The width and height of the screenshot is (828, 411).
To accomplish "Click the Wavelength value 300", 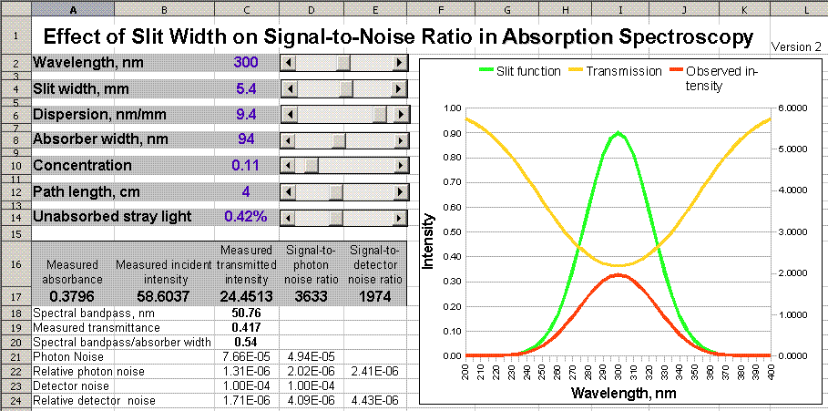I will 246,63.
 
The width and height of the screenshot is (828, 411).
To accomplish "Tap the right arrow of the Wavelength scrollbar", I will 399,63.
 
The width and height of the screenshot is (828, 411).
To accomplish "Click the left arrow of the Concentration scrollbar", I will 287,165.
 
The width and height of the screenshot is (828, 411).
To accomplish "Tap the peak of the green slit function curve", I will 618,133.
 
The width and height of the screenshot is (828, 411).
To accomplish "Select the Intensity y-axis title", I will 429,241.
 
